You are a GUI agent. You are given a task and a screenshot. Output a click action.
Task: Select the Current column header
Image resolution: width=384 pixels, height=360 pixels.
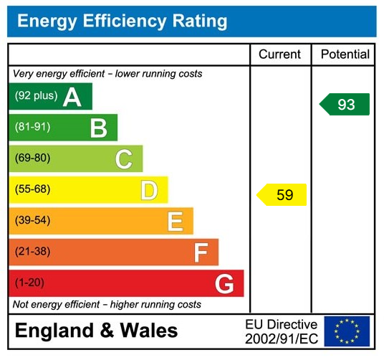pos(280,55)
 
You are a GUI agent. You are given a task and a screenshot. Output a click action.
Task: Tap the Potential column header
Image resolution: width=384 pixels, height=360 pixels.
pos(345,55)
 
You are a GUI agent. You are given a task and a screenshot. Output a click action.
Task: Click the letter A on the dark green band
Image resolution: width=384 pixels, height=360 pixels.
pos(72,97)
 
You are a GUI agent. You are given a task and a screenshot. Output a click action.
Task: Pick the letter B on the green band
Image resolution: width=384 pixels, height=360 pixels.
pos(98,128)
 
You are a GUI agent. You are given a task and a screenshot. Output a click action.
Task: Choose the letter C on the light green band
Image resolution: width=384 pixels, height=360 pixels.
pos(124,159)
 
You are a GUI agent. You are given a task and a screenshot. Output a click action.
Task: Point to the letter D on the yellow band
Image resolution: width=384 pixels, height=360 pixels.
pos(149,190)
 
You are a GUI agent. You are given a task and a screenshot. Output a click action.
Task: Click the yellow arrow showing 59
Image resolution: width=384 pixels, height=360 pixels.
pos(282,194)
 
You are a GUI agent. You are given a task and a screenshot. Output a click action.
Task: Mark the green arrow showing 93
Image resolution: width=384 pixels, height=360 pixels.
pos(345,105)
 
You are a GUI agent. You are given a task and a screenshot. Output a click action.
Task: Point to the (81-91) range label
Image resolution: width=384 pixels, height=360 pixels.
pos(33,128)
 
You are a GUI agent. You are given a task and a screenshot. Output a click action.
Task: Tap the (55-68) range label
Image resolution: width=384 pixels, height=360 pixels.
pos(33,190)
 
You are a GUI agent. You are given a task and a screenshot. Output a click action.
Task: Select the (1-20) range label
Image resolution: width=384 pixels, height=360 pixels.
pos(30,283)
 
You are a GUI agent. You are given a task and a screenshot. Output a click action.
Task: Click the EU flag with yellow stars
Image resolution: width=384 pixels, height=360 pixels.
pos(347,331)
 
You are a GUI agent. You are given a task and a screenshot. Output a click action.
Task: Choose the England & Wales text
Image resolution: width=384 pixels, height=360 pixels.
pos(97,331)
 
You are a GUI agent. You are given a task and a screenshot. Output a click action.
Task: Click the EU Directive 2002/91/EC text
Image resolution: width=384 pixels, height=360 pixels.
pos(281,331)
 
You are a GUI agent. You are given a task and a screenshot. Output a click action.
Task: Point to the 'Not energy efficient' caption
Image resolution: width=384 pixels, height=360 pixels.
pos(107,305)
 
